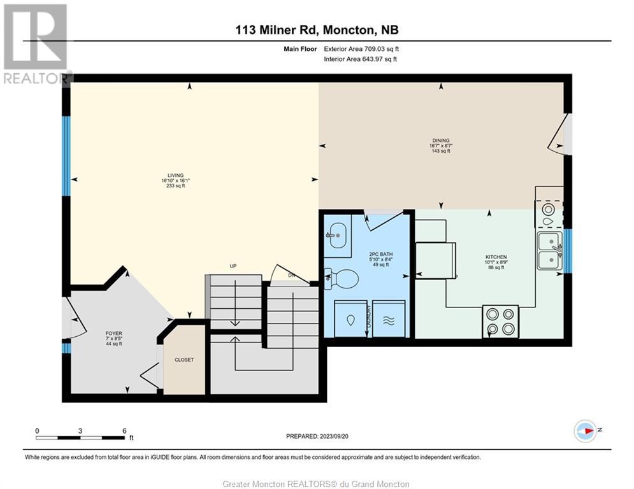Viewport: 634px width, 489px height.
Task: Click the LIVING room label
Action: point(175,175)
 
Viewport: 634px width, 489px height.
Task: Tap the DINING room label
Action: point(441,141)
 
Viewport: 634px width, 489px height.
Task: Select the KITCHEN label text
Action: point(496,257)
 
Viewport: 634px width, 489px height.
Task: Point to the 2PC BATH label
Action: point(381,254)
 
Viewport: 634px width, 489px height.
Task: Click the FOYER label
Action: point(114,334)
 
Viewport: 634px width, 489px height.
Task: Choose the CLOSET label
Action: point(184,360)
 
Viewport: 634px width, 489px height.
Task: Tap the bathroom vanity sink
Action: point(336,234)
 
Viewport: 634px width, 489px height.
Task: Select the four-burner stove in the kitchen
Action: point(500,322)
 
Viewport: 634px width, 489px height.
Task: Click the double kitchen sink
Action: point(550,251)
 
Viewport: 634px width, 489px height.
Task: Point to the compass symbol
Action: point(586,431)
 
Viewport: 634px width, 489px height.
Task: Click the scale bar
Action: point(80,437)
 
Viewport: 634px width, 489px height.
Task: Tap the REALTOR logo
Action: point(36,44)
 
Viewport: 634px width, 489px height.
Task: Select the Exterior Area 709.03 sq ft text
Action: point(361,49)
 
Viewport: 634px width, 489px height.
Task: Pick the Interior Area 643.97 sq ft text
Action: point(360,59)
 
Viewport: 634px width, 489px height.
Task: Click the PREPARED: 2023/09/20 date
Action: point(317,436)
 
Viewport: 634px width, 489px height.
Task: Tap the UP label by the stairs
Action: point(233,266)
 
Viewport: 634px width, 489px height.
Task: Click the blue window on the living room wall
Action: point(66,157)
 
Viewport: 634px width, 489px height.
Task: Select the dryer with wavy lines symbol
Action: point(389,319)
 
